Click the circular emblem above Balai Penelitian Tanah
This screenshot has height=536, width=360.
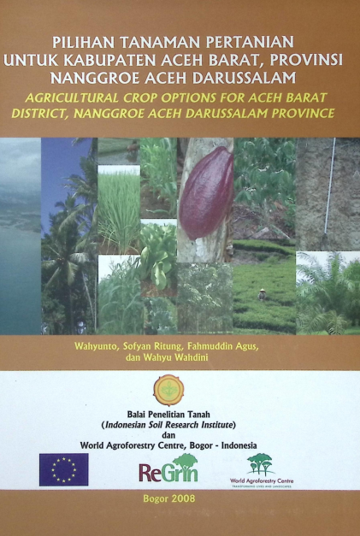coord(168,389)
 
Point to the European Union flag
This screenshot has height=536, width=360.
coord(63,469)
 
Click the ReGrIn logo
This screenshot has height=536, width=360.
coord(168,470)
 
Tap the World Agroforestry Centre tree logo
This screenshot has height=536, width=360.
coord(261,466)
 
